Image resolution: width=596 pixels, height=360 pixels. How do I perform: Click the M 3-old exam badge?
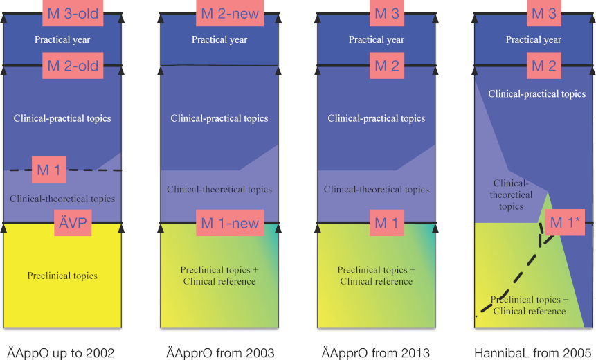(x=73, y=13)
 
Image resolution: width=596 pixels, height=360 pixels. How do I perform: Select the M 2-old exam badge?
(x=73, y=66)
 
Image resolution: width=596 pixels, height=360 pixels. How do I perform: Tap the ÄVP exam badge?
(x=73, y=223)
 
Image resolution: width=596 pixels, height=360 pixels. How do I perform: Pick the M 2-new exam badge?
(x=230, y=13)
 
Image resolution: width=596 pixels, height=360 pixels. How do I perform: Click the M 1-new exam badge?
(x=230, y=223)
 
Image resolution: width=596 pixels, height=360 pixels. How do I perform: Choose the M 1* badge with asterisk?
(x=565, y=222)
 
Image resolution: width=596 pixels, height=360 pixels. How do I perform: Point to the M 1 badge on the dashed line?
(x=49, y=170)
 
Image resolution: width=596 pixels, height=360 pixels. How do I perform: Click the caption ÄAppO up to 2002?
(x=61, y=353)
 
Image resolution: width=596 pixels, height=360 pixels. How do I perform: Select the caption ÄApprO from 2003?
(x=220, y=353)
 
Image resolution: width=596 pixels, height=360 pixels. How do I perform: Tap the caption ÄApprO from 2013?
(x=376, y=353)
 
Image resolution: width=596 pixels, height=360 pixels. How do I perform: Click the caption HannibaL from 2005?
(x=532, y=353)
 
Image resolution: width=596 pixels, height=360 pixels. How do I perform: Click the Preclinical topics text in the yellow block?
(x=62, y=276)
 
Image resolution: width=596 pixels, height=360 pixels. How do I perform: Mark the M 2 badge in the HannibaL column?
(x=544, y=66)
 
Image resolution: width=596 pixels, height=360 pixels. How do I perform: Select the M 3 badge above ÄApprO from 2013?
(x=387, y=13)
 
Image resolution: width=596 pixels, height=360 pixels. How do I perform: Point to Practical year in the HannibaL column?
(x=533, y=39)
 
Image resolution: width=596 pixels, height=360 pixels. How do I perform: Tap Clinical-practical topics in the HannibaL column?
(x=536, y=94)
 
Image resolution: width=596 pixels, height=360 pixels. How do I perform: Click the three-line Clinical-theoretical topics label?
(x=511, y=195)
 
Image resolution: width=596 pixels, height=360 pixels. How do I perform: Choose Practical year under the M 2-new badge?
(x=219, y=39)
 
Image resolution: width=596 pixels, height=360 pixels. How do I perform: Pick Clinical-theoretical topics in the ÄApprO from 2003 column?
(x=219, y=189)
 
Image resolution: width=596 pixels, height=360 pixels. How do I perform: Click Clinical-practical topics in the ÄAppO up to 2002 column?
(x=62, y=118)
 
